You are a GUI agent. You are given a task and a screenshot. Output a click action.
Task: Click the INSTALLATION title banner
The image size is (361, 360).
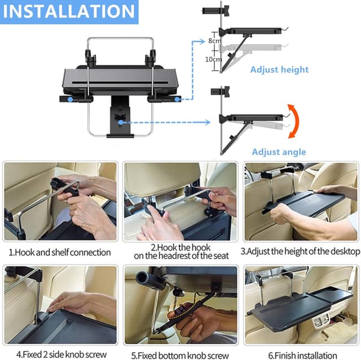click(69, 11)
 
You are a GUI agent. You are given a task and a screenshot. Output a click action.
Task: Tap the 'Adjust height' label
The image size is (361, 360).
click(280, 70)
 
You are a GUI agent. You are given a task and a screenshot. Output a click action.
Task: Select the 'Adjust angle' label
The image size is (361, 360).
click(279, 152)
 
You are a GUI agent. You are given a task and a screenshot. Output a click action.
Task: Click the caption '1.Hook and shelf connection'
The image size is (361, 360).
click(59, 252)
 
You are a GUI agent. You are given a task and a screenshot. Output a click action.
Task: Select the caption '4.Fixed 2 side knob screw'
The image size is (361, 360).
click(60, 355)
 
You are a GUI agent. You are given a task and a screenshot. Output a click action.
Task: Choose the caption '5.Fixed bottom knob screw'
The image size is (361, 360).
click(180, 355)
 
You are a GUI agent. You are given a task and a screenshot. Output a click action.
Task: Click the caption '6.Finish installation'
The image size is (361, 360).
click(302, 355)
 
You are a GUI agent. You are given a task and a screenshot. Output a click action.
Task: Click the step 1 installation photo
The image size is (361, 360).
click(60, 202)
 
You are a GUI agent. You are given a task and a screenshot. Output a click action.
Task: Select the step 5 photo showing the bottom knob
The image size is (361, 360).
click(180, 305)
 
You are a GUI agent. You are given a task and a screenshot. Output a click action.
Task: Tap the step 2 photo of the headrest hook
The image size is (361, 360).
click(180, 202)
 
